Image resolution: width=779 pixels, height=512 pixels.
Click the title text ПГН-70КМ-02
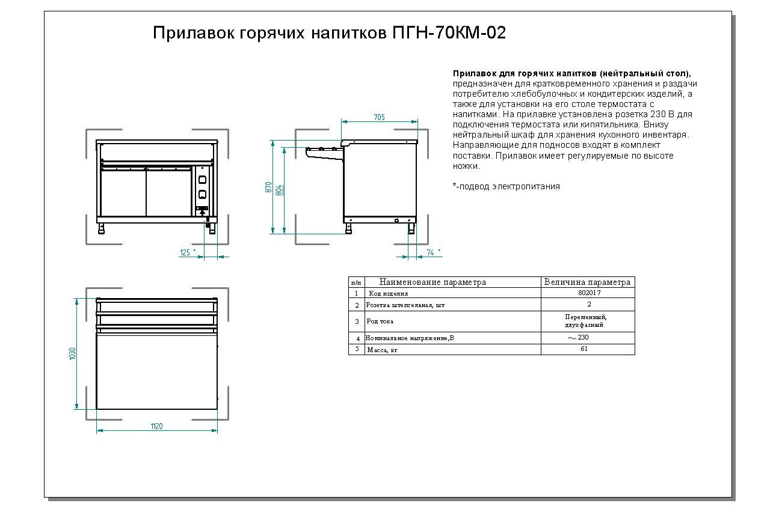point(449,33)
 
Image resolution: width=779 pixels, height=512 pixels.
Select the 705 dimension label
point(380,117)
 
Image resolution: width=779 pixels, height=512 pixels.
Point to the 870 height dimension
point(268,187)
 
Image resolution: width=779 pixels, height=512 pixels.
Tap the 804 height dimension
point(279,190)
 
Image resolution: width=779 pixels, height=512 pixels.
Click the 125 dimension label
point(185,252)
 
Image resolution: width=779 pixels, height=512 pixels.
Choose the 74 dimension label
point(430,252)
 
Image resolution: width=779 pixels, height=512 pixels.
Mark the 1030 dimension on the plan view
point(72,353)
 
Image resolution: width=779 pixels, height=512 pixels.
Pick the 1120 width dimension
point(156,426)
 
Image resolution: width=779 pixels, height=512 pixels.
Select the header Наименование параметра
point(433,282)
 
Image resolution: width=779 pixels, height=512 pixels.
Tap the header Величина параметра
point(587,282)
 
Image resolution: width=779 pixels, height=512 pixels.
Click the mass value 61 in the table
point(584,349)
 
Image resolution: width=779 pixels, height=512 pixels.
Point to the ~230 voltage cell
point(578,337)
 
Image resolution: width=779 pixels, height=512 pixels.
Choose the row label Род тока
point(380,322)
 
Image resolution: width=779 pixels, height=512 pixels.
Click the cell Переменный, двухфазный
point(586,321)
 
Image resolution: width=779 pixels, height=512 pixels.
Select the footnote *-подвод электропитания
point(507,186)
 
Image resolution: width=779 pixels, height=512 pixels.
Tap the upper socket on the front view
point(202,180)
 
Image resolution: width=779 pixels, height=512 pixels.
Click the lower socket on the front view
point(202,195)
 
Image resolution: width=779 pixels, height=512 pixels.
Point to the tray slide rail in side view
point(324,153)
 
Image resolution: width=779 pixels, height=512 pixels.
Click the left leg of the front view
point(101,228)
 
